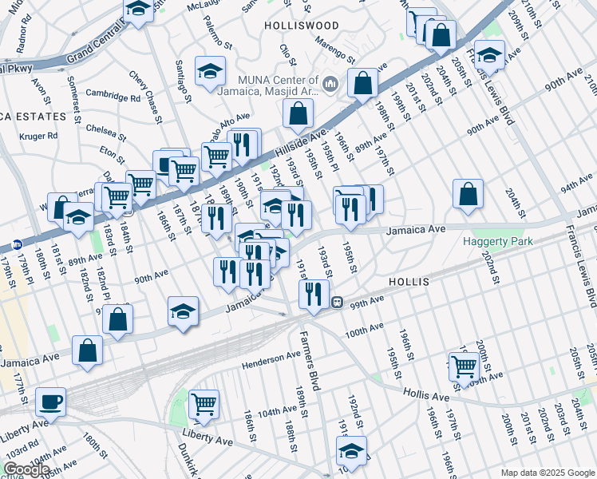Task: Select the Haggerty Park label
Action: point(499,241)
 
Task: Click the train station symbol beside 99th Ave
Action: point(338,303)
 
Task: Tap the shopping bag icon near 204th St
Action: point(468,194)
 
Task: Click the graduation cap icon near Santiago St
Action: point(210,72)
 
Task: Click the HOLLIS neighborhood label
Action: point(409,283)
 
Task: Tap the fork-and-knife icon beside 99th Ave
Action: point(314,293)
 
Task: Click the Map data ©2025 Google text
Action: point(548,473)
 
